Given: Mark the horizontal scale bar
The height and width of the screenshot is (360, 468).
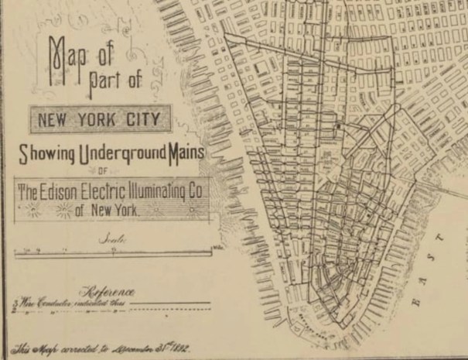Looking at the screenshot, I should click(112, 252).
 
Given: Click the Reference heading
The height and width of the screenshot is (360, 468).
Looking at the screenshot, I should click(109, 292).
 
